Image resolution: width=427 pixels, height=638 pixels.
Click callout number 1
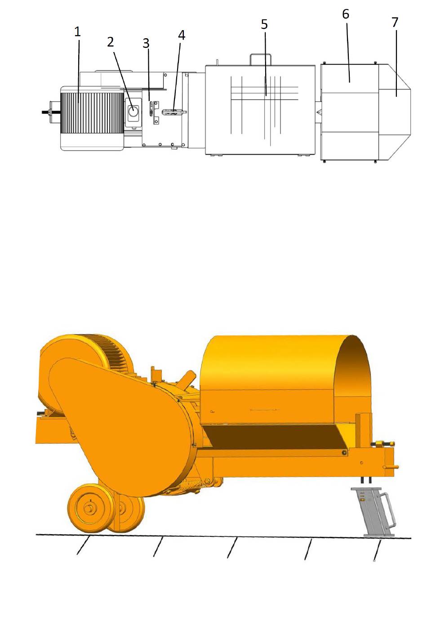[x=77, y=31]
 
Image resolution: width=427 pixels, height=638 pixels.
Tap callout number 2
[x=111, y=42]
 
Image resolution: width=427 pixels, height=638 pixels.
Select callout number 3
[x=146, y=44]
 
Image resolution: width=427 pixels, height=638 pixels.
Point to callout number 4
[x=182, y=35]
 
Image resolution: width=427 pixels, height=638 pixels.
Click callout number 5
[x=264, y=24]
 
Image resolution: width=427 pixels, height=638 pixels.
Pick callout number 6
[x=346, y=14]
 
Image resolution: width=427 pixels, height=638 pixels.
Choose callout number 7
[x=395, y=22]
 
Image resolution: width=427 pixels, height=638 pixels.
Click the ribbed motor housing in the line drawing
[x=92, y=113]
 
